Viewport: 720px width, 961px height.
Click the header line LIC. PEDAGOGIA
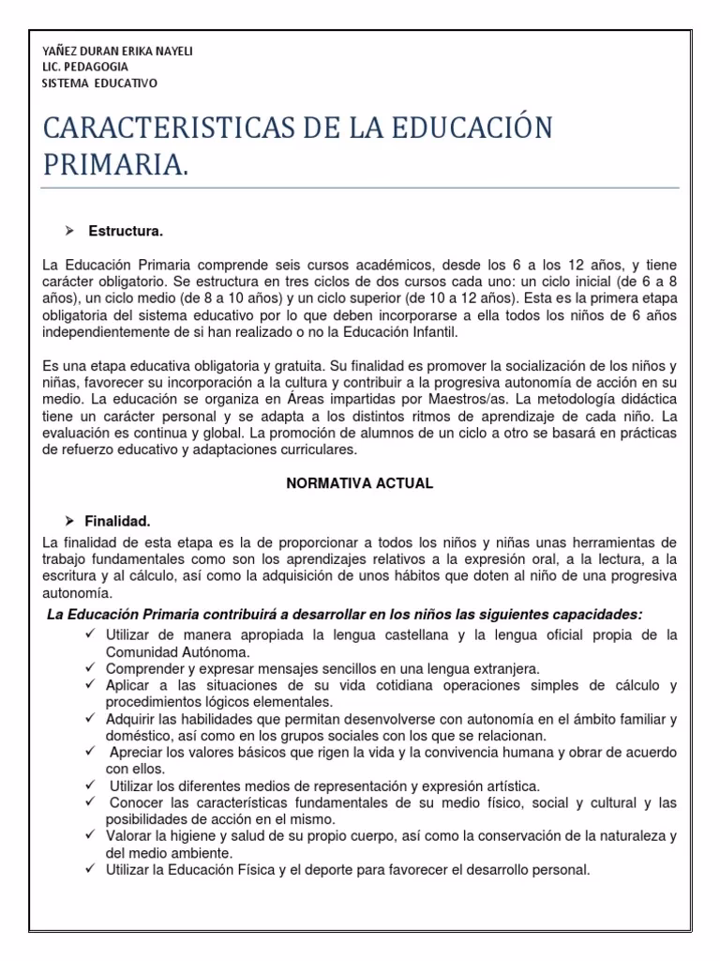(x=85, y=67)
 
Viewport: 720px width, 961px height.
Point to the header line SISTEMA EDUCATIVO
(x=100, y=83)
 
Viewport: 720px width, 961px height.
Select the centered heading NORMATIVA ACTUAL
(x=359, y=482)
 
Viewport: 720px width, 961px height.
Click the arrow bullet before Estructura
(x=69, y=230)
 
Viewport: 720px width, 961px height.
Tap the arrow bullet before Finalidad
(x=68, y=519)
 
